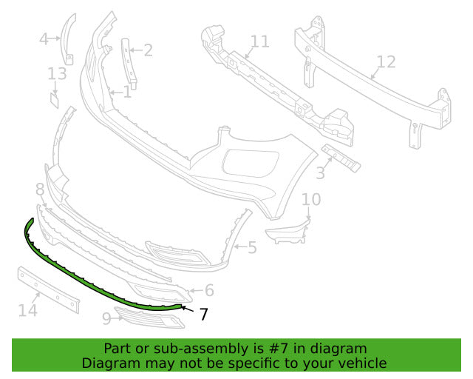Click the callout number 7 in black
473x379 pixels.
pyautogui.click(x=204, y=315)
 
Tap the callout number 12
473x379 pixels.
pyautogui.click(x=386, y=63)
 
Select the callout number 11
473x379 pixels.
pyautogui.click(x=259, y=41)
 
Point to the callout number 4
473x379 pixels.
pyautogui.click(x=44, y=38)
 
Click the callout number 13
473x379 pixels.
pyautogui.click(x=57, y=74)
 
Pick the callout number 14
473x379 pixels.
pyautogui.click(x=27, y=310)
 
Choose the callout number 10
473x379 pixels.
pyautogui.click(x=311, y=200)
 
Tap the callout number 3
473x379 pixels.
pyautogui.click(x=319, y=173)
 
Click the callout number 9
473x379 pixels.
pyautogui.click(x=106, y=318)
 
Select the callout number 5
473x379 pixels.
pyautogui.click(x=252, y=246)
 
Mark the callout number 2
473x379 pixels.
pyautogui.click(x=148, y=50)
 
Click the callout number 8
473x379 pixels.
pyautogui.click(x=40, y=191)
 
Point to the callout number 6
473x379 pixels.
pyautogui.click(x=209, y=291)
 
